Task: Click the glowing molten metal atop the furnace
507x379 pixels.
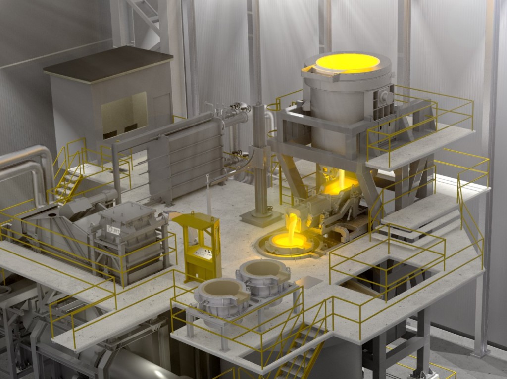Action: (x=348, y=63)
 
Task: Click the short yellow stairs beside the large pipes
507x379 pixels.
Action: (x=68, y=185)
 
